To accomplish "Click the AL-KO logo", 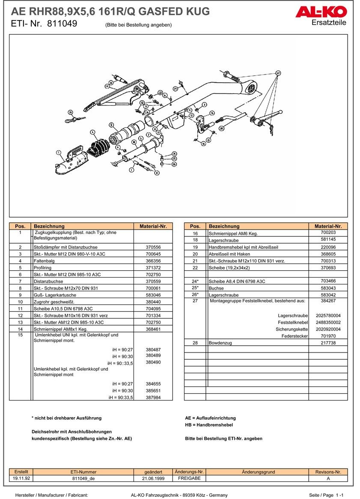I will tap(321, 12).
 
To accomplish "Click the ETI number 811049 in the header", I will tap(62, 24).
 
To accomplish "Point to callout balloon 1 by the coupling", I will tap(59, 151).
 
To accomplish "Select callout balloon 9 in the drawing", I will tap(111, 125).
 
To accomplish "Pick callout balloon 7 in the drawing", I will tap(131, 170).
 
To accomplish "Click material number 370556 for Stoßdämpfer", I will tap(153, 247).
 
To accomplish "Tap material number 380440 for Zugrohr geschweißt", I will tap(153, 302).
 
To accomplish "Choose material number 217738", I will tap(328, 343).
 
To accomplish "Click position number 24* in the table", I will tap(195, 281).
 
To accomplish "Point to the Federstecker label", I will tap(295, 336).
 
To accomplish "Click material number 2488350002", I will tap(328, 322).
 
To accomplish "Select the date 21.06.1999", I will tap(153, 478).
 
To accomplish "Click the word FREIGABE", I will tap(189, 478).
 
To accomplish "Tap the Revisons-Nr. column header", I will tap(328, 472).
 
